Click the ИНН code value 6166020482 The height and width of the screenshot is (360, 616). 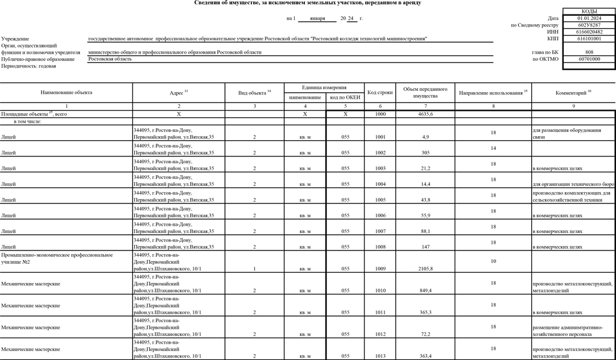pos(589,32)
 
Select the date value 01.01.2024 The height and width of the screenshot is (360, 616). pos(589,19)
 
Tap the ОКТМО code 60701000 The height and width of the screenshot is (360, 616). pos(589,59)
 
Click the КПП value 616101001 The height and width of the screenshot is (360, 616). pos(589,39)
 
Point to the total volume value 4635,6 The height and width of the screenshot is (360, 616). pos(426,114)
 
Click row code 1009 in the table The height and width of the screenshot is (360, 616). pos(380,268)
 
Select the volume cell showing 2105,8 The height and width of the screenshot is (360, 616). pos(426,268)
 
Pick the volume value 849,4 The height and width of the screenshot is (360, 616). pos(426,290)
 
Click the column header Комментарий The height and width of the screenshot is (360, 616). pos(573,93)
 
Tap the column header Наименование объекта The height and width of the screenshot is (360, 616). pos(67,93)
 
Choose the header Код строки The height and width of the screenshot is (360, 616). pos(380,93)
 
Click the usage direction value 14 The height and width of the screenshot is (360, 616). pos(493,147)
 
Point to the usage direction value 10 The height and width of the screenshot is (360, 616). pos(493,261)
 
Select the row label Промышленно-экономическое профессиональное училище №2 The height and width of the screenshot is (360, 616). pos(57,258)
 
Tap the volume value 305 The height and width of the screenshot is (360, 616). pos(426,153)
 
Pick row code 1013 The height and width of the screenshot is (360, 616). pos(380,356)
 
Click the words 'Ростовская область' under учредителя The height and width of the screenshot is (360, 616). pos(109,59)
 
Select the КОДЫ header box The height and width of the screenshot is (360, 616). pos(589,11)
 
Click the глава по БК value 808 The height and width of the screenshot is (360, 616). pos(589,52)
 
